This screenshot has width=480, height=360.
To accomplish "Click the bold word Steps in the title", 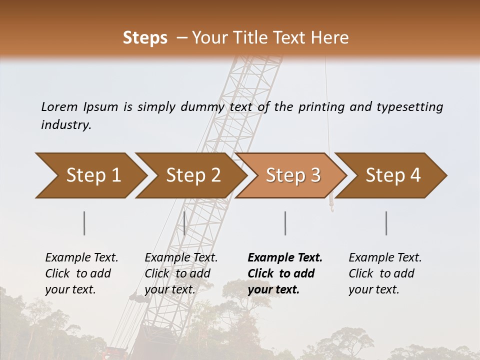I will click(145, 38).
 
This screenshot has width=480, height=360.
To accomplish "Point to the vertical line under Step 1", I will click(84, 223).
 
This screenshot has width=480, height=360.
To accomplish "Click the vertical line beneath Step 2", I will click(184, 223).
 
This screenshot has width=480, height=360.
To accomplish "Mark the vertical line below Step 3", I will click(285, 223).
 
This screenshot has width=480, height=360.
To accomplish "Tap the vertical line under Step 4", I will click(386, 223).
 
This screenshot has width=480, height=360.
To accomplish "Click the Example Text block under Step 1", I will click(81, 273).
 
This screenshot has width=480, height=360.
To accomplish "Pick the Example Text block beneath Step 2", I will click(181, 273).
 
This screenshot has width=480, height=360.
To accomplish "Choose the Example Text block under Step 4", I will click(385, 273).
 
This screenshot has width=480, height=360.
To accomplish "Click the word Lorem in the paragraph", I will click(59, 107).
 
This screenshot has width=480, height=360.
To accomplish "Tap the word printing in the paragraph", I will click(322, 107).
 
